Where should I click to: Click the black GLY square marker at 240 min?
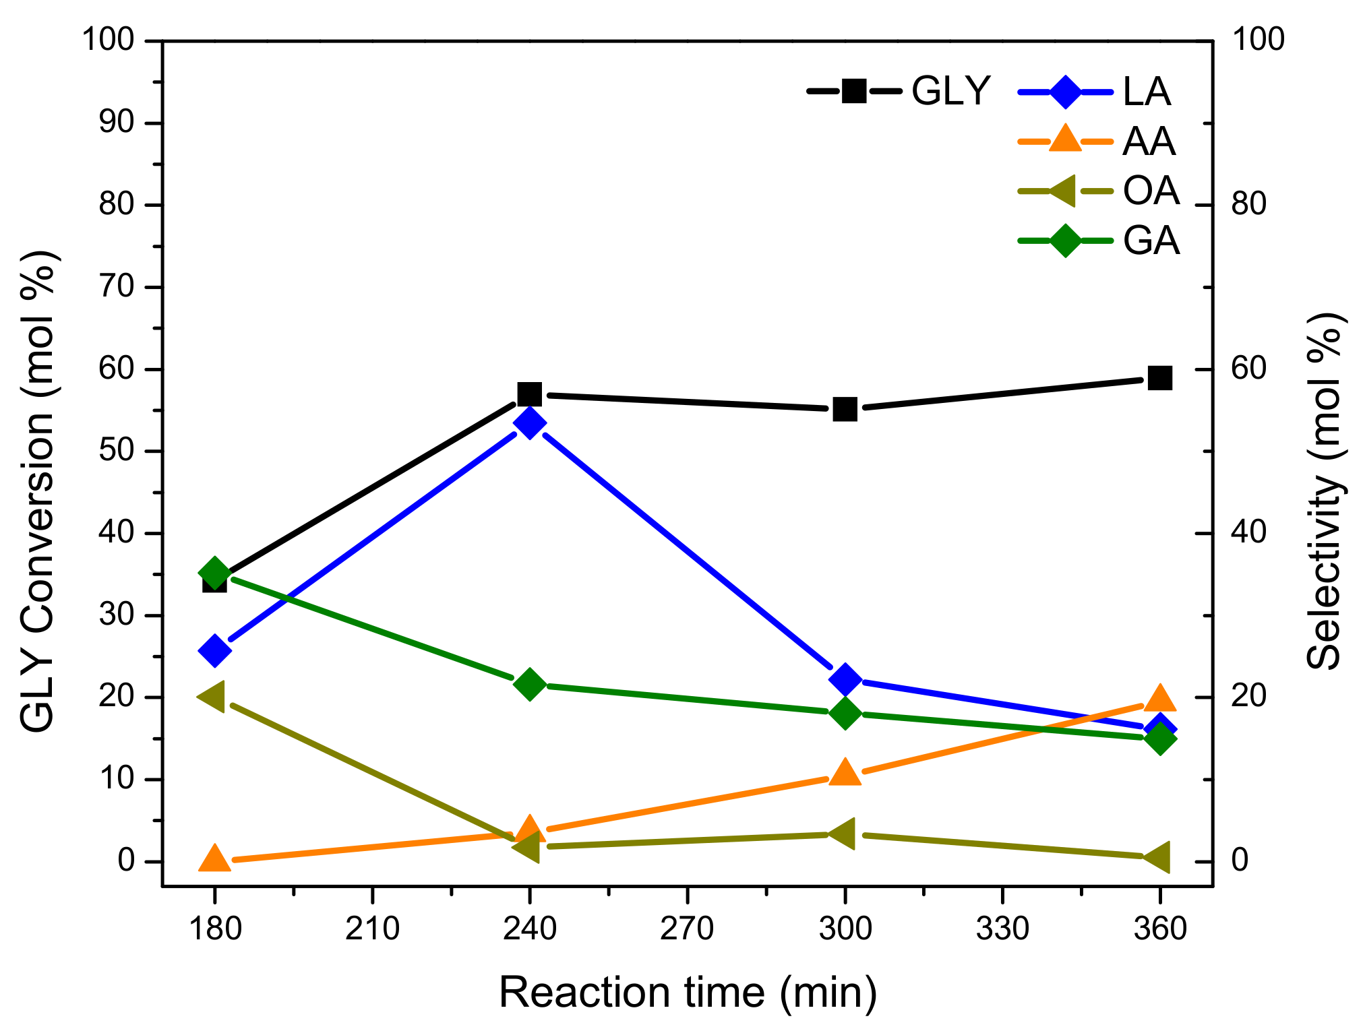pos(530,394)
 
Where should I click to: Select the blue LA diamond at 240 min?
pos(530,423)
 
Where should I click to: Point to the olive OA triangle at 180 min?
pos(212,696)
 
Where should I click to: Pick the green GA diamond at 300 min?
pos(845,713)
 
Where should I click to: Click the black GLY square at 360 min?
pos(1159,378)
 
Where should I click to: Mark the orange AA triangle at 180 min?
pos(214,859)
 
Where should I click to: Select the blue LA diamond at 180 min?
pos(215,650)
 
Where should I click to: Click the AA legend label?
pos(1149,142)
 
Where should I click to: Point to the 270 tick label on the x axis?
pos(687,929)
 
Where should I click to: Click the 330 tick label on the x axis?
pos(1002,929)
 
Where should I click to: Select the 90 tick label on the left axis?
pos(117,123)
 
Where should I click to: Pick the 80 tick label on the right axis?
pos(1249,205)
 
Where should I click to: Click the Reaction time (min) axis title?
pos(688,993)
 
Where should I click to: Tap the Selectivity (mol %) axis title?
pos(1324,492)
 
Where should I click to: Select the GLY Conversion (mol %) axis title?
pos(38,492)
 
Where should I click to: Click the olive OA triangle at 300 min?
pos(843,834)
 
